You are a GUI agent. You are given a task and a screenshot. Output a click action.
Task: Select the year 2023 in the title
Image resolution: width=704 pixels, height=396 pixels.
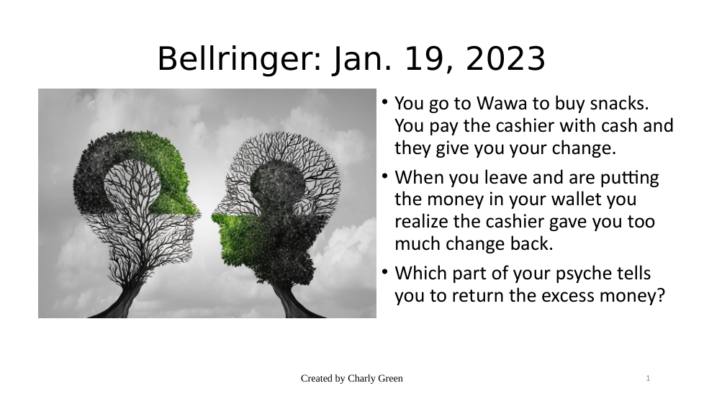[x=505, y=59]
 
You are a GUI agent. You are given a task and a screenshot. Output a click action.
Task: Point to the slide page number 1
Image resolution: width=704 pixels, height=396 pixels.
[x=648, y=379]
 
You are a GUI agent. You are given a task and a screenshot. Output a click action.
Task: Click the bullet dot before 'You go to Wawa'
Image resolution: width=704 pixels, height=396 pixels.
[x=385, y=102]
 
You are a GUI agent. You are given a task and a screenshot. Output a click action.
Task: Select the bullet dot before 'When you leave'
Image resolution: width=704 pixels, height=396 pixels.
[x=385, y=176]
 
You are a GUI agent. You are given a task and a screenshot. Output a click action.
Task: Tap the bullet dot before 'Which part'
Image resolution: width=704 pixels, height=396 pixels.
[x=385, y=271]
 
